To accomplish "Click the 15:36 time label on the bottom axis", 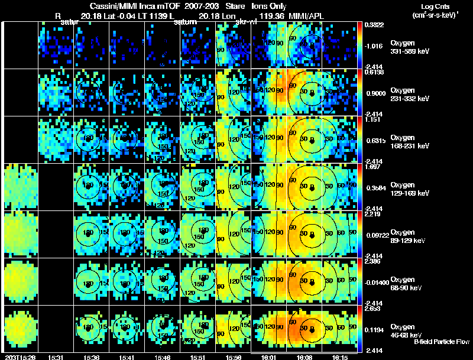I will [92, 356].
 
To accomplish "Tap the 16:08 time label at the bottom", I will [305, 356].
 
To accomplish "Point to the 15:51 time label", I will [198, 356].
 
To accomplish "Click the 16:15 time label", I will [340, 356].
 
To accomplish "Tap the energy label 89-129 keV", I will [409, 241].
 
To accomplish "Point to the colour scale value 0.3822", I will [375, 25].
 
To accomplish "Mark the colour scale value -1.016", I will [375, 45].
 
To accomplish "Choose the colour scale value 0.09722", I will [377, 235].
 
